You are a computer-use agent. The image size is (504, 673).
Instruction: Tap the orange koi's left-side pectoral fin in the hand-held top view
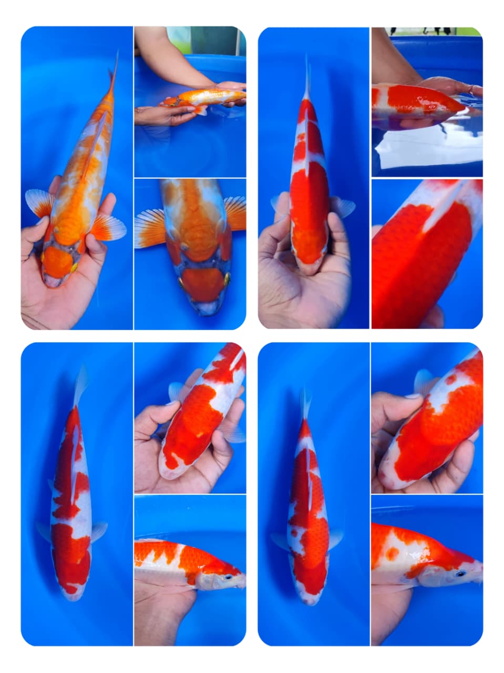pos(40,203)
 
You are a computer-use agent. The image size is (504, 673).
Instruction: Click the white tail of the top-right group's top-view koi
pos(307,79)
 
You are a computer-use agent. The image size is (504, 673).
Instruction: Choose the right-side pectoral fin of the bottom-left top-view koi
pos(98,531)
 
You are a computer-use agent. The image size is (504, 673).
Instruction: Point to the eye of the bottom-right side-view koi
pos(460,574)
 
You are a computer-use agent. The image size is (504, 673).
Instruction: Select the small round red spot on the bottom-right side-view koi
pos(392,554)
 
